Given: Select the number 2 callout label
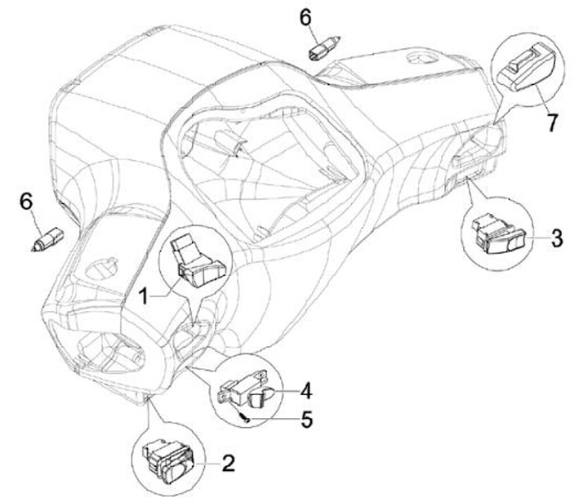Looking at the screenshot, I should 229,463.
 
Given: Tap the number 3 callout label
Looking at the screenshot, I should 555,238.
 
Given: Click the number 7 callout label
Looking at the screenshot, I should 552,122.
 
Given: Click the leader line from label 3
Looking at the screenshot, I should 535,238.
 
